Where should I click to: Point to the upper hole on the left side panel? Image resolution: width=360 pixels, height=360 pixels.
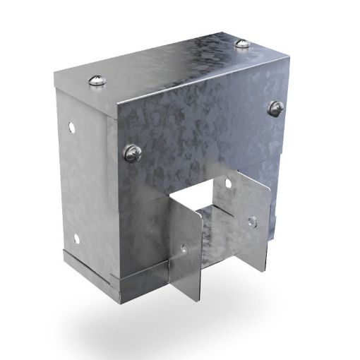pyautogui.click(x=71, y=130)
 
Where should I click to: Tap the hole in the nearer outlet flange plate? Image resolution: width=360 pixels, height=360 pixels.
pyautogui.click(x=184, y=248)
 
